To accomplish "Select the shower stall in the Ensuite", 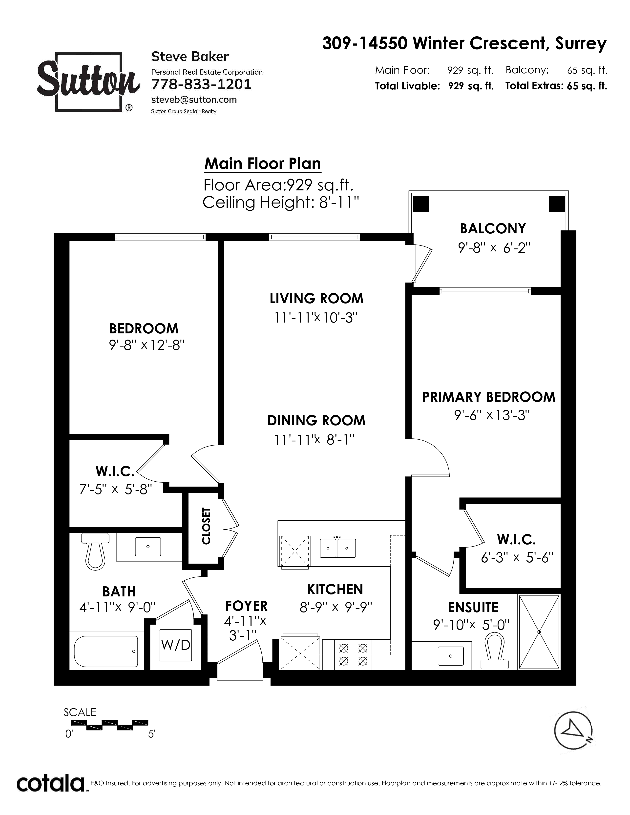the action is point(539,632).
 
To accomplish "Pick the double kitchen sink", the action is point(338,548).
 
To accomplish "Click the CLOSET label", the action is point(206,526).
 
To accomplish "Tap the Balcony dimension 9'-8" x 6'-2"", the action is point(494,247).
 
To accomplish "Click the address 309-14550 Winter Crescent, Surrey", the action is point(464,44).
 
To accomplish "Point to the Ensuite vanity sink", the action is point(450,656).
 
